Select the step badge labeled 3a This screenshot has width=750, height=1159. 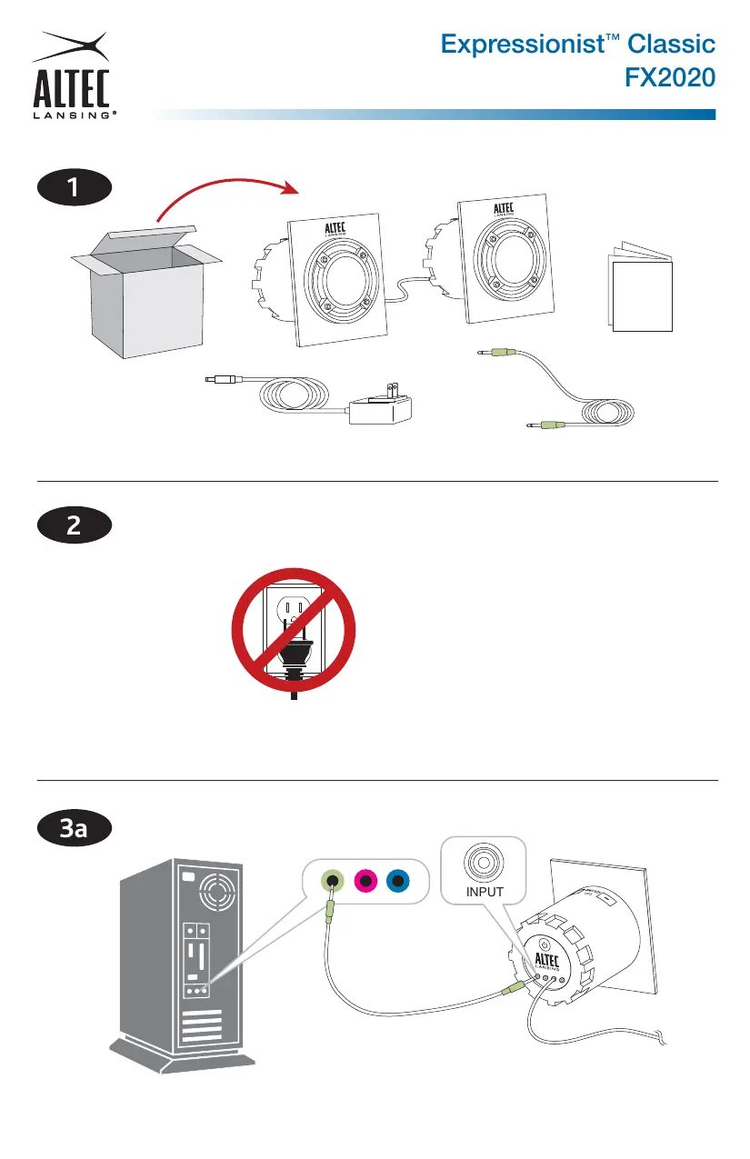click(x=74, y=828)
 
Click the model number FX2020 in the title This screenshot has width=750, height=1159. click(x=669, y=79)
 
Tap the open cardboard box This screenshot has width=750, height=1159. click(x=145, y=290)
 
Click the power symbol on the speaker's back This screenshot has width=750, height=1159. click(x=542, y=944)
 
